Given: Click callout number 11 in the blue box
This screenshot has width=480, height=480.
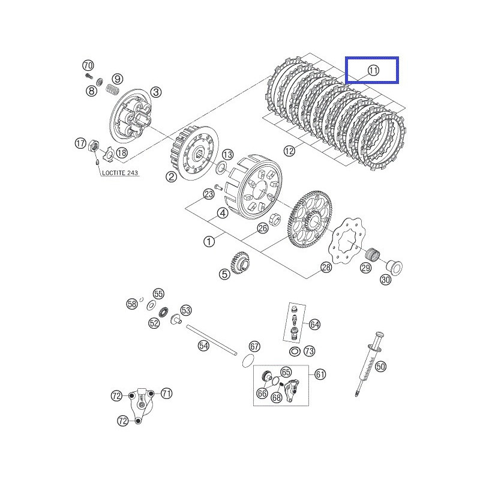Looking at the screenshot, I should [373, 70].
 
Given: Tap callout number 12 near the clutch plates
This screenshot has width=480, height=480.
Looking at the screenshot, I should [290, 151].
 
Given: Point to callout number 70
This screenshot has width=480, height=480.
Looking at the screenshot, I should [88, 65].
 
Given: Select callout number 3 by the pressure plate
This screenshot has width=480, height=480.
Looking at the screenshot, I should [155, 92].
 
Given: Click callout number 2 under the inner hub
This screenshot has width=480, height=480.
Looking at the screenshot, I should [171, 176].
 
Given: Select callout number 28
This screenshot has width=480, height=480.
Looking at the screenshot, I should [326, 268].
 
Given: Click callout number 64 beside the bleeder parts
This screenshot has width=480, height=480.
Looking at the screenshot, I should [315, 325].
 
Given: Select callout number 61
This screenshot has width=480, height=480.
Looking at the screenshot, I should [320, 374].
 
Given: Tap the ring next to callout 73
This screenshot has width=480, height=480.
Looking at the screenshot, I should [294, 351].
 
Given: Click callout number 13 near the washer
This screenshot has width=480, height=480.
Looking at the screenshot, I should [227, 154].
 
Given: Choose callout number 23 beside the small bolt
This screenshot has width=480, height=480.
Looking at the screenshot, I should [208, 194].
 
